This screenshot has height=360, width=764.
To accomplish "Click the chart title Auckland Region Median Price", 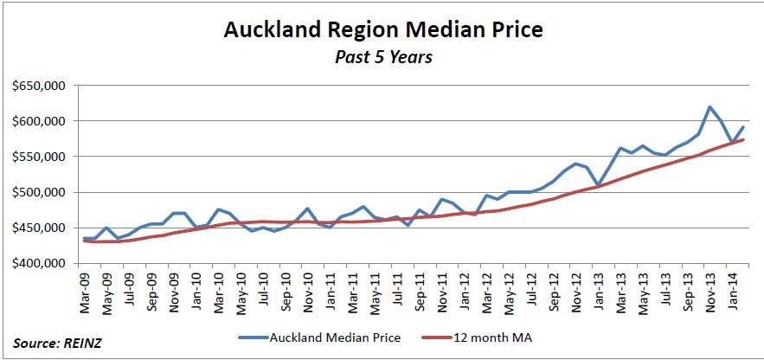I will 382,30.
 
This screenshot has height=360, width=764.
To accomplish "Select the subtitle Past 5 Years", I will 382,59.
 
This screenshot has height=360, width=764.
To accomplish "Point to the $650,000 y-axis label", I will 39,86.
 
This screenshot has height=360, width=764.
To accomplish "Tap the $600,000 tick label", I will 39,121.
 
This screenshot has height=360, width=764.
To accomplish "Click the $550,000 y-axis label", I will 39,157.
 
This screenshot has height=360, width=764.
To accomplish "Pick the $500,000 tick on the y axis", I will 39,192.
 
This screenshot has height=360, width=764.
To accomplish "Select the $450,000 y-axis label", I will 39,228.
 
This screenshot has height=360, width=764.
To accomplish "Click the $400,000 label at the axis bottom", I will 39,263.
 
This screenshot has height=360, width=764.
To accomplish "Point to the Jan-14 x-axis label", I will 731,288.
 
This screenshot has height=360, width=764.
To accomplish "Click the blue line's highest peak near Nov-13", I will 709,107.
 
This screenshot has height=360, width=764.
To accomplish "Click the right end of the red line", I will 743,140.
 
